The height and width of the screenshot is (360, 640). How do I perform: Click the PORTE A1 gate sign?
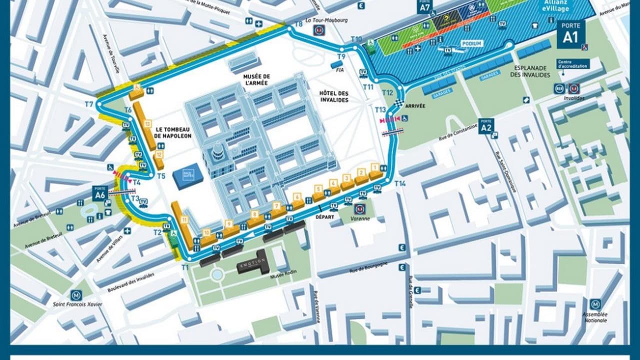click(570, 34)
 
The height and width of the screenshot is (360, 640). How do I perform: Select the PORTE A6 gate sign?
click(99, 193)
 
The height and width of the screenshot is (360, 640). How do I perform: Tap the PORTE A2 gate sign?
click(485, 126)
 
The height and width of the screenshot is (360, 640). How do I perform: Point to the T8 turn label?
click(298, 24)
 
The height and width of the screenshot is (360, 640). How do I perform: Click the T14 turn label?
click(400, 183)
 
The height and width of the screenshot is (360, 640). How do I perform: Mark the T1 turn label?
click(185, 267)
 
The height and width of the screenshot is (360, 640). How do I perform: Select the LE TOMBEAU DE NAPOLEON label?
click(173, 132)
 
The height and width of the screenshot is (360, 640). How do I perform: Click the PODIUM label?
click(471, 44)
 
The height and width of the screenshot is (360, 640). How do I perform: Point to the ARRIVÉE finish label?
click(415, 106)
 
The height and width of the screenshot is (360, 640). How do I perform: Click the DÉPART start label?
click(325, 217)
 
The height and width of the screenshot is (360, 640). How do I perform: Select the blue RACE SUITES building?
click(188, 176)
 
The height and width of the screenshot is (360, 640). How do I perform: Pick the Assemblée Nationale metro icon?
click(595, 304)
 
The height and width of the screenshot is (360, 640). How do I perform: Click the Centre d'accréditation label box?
click(573, 64)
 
